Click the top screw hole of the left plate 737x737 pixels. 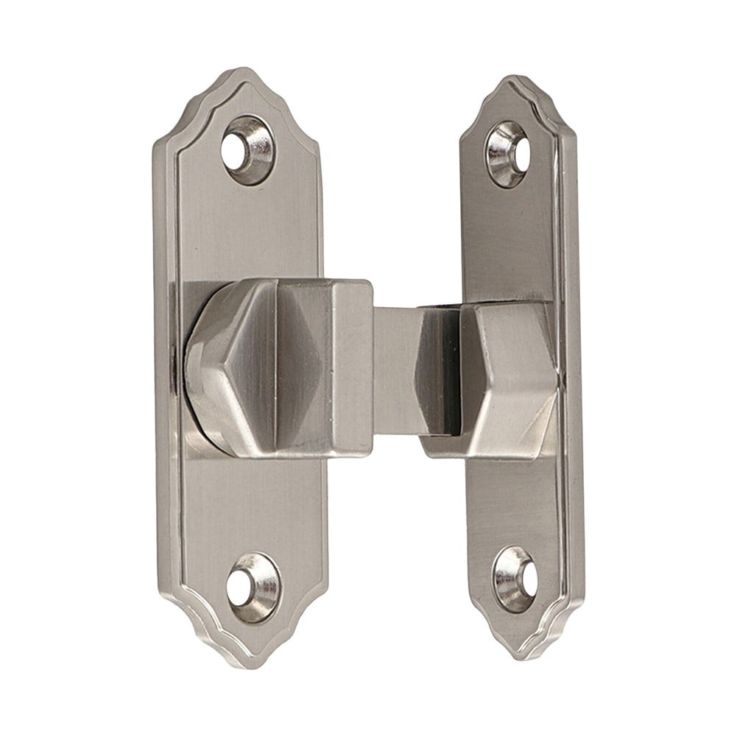[248, 149]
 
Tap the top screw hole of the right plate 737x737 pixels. [507, 152]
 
